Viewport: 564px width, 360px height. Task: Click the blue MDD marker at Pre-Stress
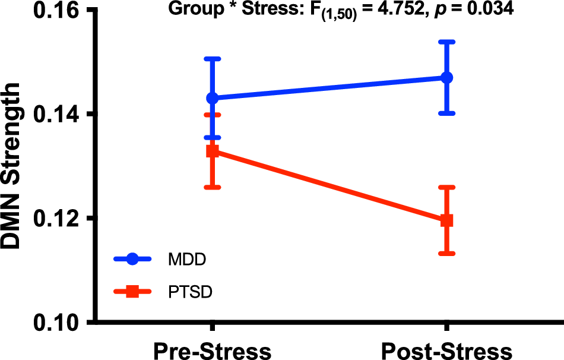pyautogui.click(x=213, y=98)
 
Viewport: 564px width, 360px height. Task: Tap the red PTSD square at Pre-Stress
pyautogui.click(x=213, y=151)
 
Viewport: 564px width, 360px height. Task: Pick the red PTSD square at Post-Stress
pyautogui.click(x=446, y=220)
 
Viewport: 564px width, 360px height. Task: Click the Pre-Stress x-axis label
pyautogui.click(x=213, y=349)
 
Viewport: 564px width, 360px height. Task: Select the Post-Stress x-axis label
pyautogui.click(x=446, y=349)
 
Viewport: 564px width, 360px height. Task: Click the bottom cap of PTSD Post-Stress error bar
pyautogui.click(x=446, y=254)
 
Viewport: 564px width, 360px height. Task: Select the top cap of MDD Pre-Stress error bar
pyautogui.click(x=213, y=59)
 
